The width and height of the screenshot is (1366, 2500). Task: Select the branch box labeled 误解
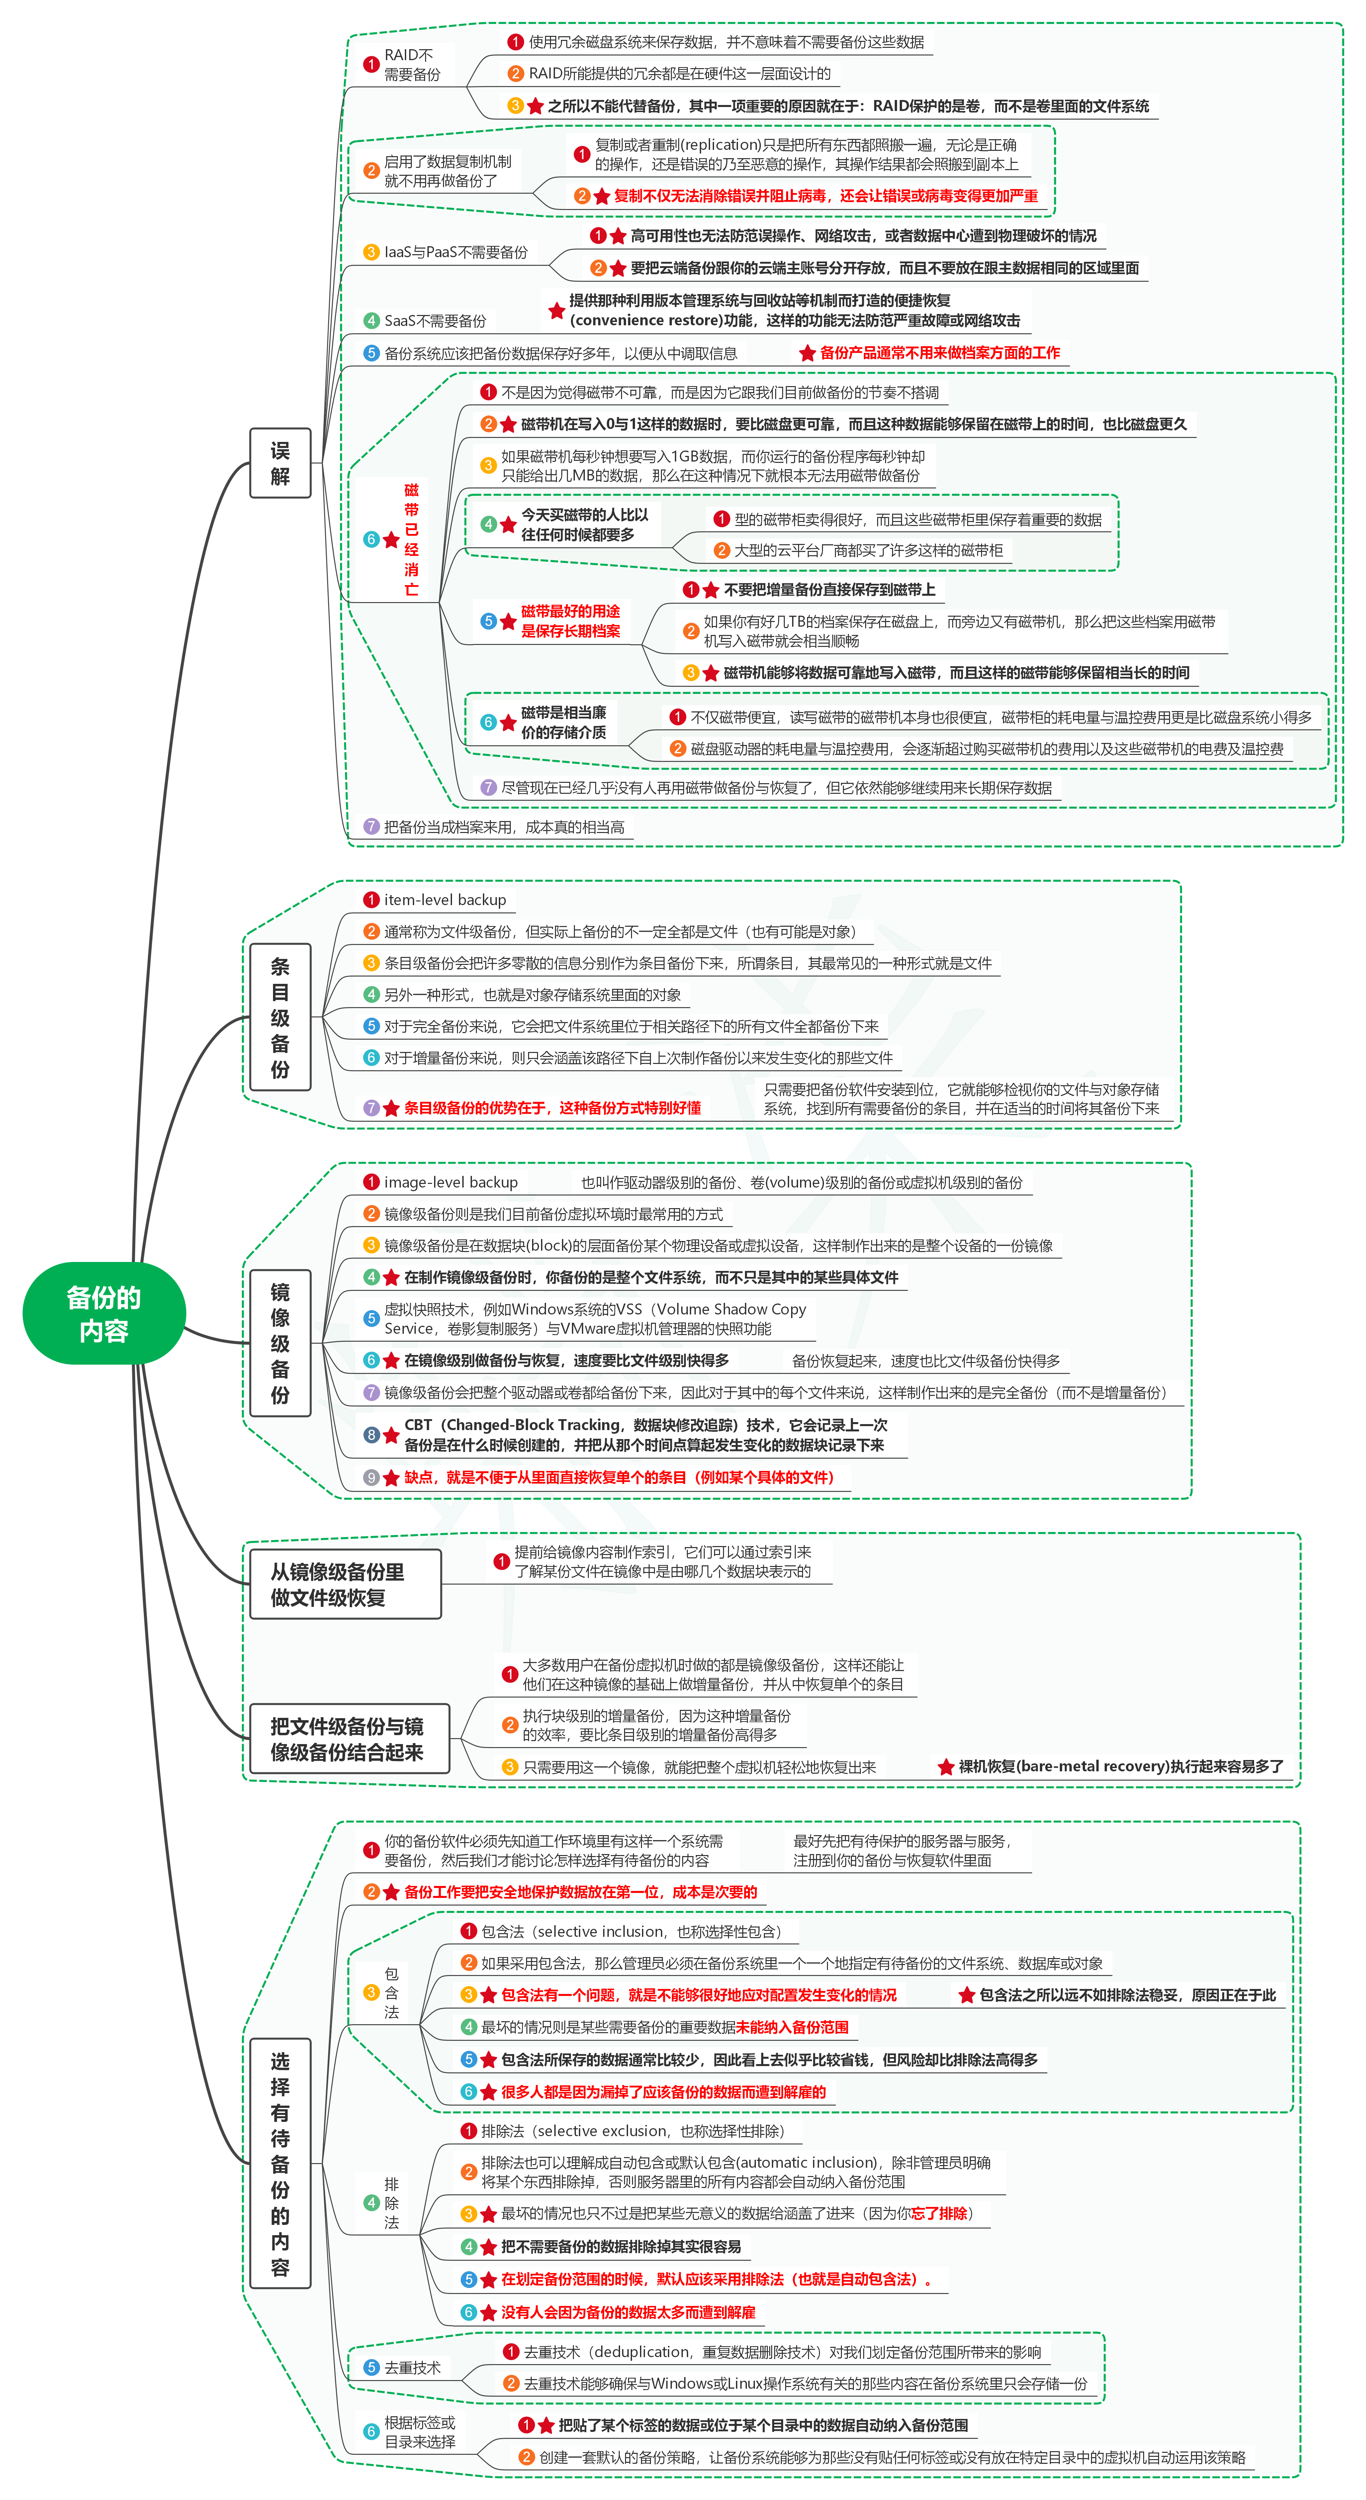coord(280,463)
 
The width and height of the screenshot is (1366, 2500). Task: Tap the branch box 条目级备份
coord(280,1017)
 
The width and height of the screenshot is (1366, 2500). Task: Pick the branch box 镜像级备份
coord(280,1343)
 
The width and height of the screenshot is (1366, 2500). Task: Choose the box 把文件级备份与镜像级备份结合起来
coord(348,1738)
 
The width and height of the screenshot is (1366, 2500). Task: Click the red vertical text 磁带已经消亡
coord(411,540)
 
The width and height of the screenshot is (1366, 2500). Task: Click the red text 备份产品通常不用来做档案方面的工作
coord(939,353)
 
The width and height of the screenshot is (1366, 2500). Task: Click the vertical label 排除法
coord(391,2203)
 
